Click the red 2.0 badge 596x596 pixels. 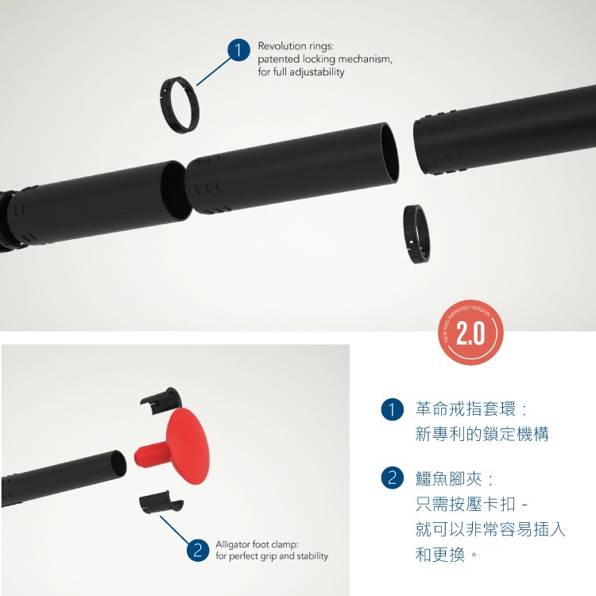(470, 332)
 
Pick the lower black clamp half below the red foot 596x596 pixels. (161, 504)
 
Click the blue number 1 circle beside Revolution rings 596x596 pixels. (238, 50)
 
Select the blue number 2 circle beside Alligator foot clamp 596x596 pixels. (198, 550)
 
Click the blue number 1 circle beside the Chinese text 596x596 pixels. (392, 409)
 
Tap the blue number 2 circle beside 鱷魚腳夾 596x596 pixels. (392, 478)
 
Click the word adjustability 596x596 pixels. (316, 72)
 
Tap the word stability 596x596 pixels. (312, 556)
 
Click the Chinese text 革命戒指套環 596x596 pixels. (465, 409)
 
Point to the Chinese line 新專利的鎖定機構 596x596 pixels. (482, 434)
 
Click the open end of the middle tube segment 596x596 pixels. (390, 151)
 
